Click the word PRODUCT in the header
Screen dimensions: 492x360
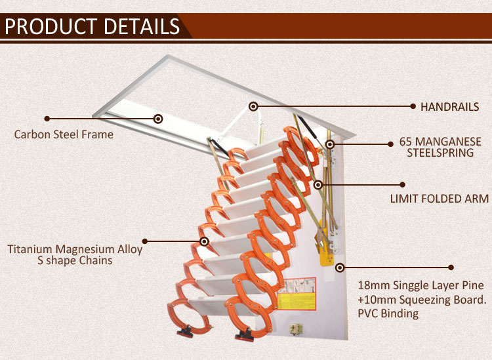pos(51,26)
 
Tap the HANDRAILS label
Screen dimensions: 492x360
pos(449,107)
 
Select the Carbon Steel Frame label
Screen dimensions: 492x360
pos(64,134)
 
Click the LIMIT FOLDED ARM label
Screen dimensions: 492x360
pos(440,199)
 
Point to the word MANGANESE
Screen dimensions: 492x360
pos(449,142)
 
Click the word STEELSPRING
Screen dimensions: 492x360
pos(440,153)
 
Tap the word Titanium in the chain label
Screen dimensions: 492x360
pos(30,249)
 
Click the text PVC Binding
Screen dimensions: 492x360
pos(388,313)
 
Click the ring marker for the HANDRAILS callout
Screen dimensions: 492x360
pos(253,107)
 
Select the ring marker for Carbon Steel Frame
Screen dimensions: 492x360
pos(158,119)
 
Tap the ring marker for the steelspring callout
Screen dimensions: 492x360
pos(329,144)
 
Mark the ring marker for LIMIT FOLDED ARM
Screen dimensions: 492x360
pos(318,185)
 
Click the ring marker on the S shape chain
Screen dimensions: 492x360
pos(204,241)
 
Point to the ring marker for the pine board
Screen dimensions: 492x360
pos(340,268)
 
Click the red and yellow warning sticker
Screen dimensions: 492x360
pos(297,294)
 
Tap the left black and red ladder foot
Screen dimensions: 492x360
pos(186,332)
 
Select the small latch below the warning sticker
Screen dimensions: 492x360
pos(296,329)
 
